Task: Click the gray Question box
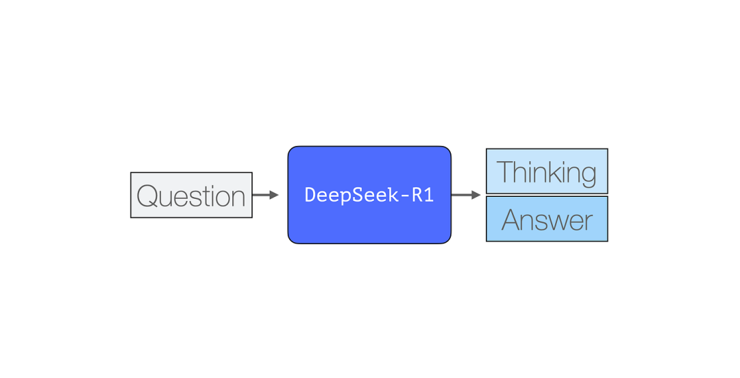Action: coord(191,196)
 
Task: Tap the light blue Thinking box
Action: coord(547,172)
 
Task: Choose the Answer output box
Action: coord(547,220)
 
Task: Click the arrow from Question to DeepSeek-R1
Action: coord(264,195)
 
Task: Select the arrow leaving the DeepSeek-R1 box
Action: coord(465,195)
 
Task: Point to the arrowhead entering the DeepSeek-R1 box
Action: coord(274,195)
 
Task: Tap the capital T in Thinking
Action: coord(504,172)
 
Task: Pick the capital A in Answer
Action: coord(511,220)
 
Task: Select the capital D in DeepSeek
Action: coord(309,195)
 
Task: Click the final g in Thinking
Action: coord(587,174)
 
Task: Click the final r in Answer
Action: coord(589,222)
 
